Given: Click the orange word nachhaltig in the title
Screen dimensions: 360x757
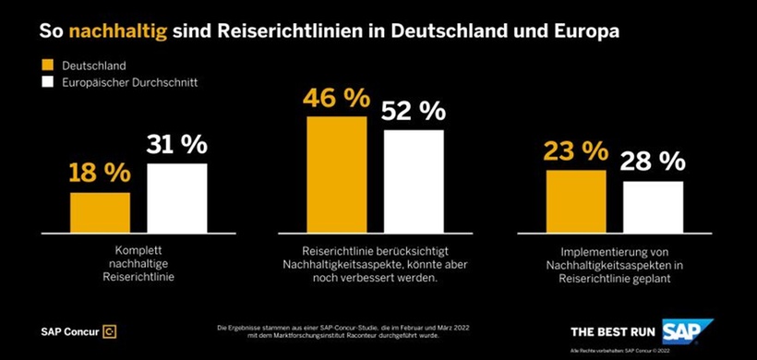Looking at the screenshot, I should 132,30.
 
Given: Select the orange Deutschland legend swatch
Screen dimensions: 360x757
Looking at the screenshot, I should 48,66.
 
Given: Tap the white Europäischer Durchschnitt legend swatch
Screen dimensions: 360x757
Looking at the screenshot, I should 48,83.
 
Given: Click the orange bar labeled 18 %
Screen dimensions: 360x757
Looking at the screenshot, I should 100,211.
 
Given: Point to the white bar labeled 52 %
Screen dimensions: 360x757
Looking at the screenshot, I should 414,180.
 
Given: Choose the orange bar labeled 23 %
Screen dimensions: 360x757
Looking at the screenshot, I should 576,200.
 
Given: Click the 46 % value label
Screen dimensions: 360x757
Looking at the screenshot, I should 337,99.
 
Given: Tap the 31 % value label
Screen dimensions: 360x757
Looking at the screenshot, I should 177,145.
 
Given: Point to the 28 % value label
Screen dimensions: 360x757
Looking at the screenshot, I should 653,162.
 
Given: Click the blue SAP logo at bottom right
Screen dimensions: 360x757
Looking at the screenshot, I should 693,330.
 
